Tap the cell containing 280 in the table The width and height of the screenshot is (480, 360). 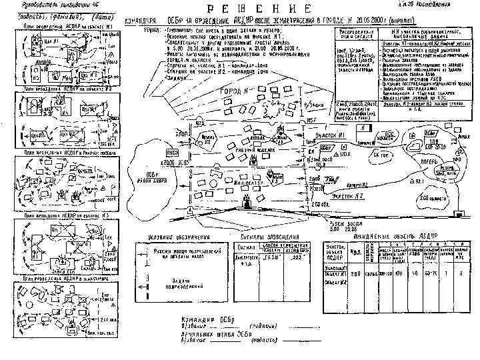(357, 273)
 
